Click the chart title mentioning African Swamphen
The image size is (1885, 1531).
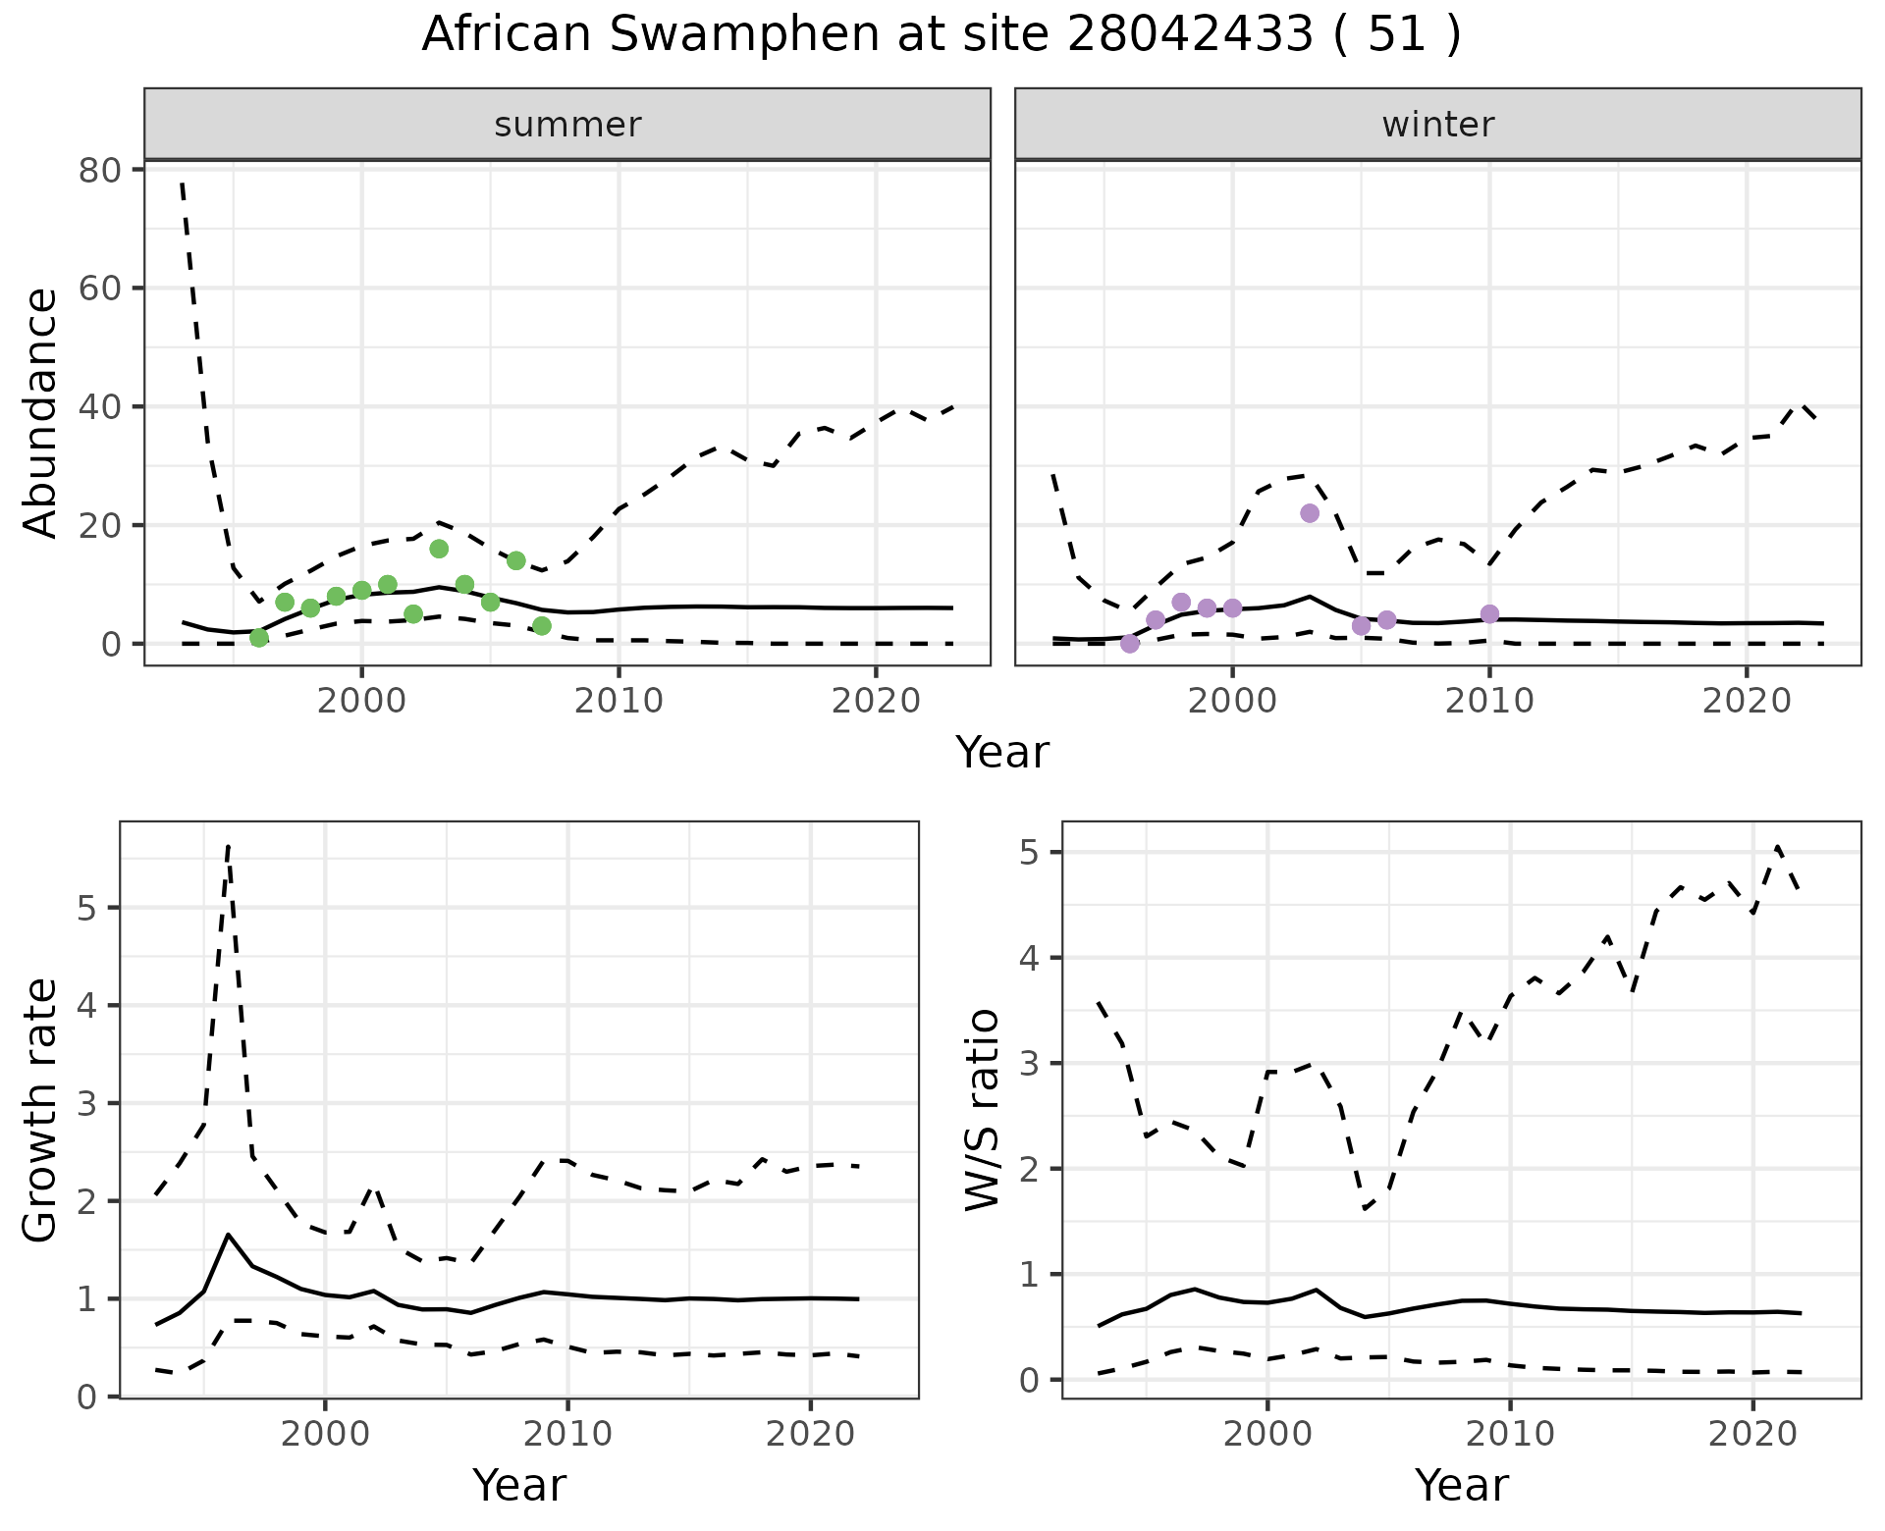[941, 35]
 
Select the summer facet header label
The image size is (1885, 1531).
[567, 125]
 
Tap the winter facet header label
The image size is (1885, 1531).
[1437, 125]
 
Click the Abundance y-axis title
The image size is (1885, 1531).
[41, 412]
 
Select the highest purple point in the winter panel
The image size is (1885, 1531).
[1310, 513]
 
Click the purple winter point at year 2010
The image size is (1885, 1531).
[1489, 614]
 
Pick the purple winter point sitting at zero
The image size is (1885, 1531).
[1130, 644]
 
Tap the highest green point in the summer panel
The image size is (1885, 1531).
[439, 549]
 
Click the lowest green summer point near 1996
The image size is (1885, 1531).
[259, 638]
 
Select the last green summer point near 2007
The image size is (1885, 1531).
[542, 626]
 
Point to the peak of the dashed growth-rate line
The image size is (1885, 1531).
[228, 845]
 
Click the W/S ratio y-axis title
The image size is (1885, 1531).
[983, 1109]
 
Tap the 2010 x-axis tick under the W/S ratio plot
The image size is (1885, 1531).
[1510, 1435]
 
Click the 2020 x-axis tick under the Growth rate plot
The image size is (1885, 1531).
[810, 1435]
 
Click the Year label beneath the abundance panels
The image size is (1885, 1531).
[1001, 754]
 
